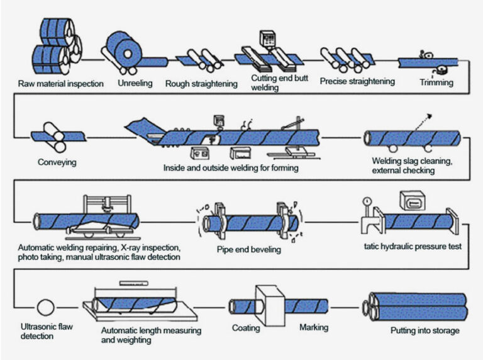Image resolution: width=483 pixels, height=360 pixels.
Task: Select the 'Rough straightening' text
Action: (x=201, y=84)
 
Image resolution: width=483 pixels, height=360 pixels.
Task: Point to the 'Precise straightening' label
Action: (x=357, y=81)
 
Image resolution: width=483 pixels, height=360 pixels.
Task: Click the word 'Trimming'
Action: (x=436, y=82)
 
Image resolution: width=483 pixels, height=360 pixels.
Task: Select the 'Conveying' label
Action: (x=57, y=162)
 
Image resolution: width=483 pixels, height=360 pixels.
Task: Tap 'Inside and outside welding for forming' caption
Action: (x=231, y=168)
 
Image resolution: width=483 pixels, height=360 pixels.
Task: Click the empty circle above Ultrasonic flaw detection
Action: (x=46, y=308)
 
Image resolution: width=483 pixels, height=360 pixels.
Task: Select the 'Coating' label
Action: (x=246, y=328)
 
